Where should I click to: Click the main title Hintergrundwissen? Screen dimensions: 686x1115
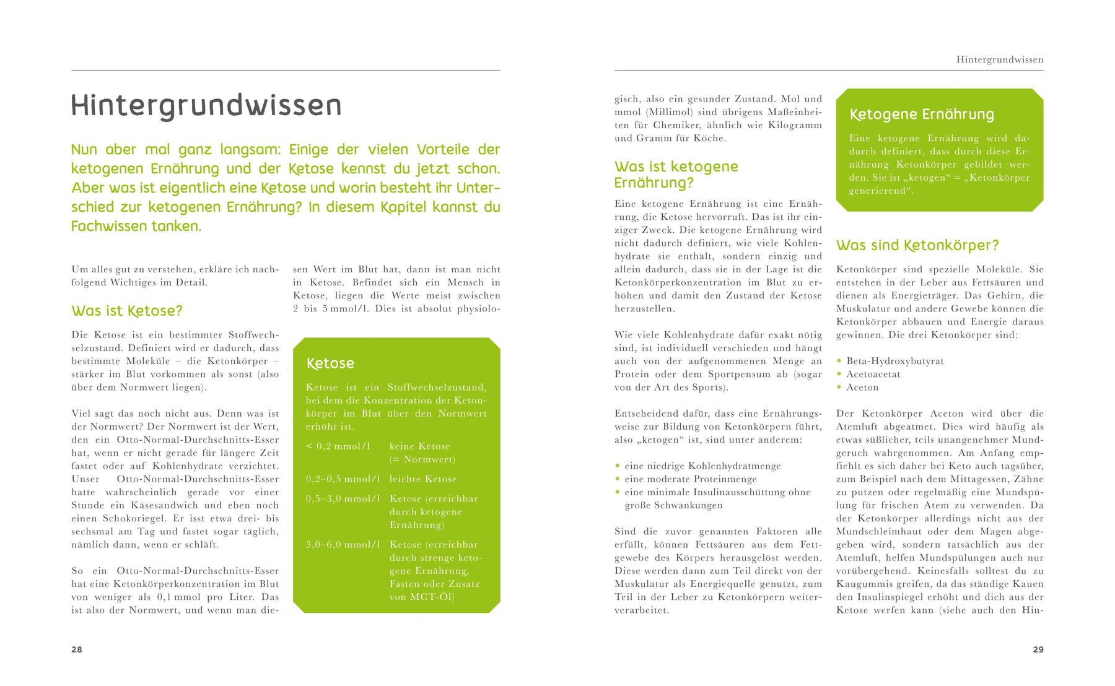(x=206, y=106)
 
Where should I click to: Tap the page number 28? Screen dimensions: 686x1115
(x=77, y=649)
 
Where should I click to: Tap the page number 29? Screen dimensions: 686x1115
(x=1038, y=649)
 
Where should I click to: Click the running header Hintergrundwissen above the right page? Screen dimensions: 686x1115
(x=999, y=60)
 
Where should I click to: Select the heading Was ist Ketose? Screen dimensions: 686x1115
(x=127, y=311)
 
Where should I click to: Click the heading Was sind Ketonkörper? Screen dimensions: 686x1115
(x=917, y=245)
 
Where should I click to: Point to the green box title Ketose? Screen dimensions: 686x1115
(x=330, y=363)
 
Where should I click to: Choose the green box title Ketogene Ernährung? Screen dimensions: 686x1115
(x=922, y=115)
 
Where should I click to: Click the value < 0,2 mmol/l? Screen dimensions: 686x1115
(x=338, y=446)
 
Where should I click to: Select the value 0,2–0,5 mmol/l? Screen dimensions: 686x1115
(x=343, y=479)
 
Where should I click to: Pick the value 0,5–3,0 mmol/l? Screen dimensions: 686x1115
(x=343, y=499)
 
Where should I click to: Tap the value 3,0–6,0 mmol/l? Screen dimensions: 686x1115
(x=343, y=545)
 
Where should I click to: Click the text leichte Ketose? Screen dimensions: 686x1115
(x=423, y=479)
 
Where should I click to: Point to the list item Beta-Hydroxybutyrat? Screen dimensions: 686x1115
(x=895, y=361)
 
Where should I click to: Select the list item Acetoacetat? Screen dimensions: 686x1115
(x=873, y=374)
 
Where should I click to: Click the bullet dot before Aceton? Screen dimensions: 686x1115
(x=839, y=387)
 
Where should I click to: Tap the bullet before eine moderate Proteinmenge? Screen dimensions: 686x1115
(x=618, y=479)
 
